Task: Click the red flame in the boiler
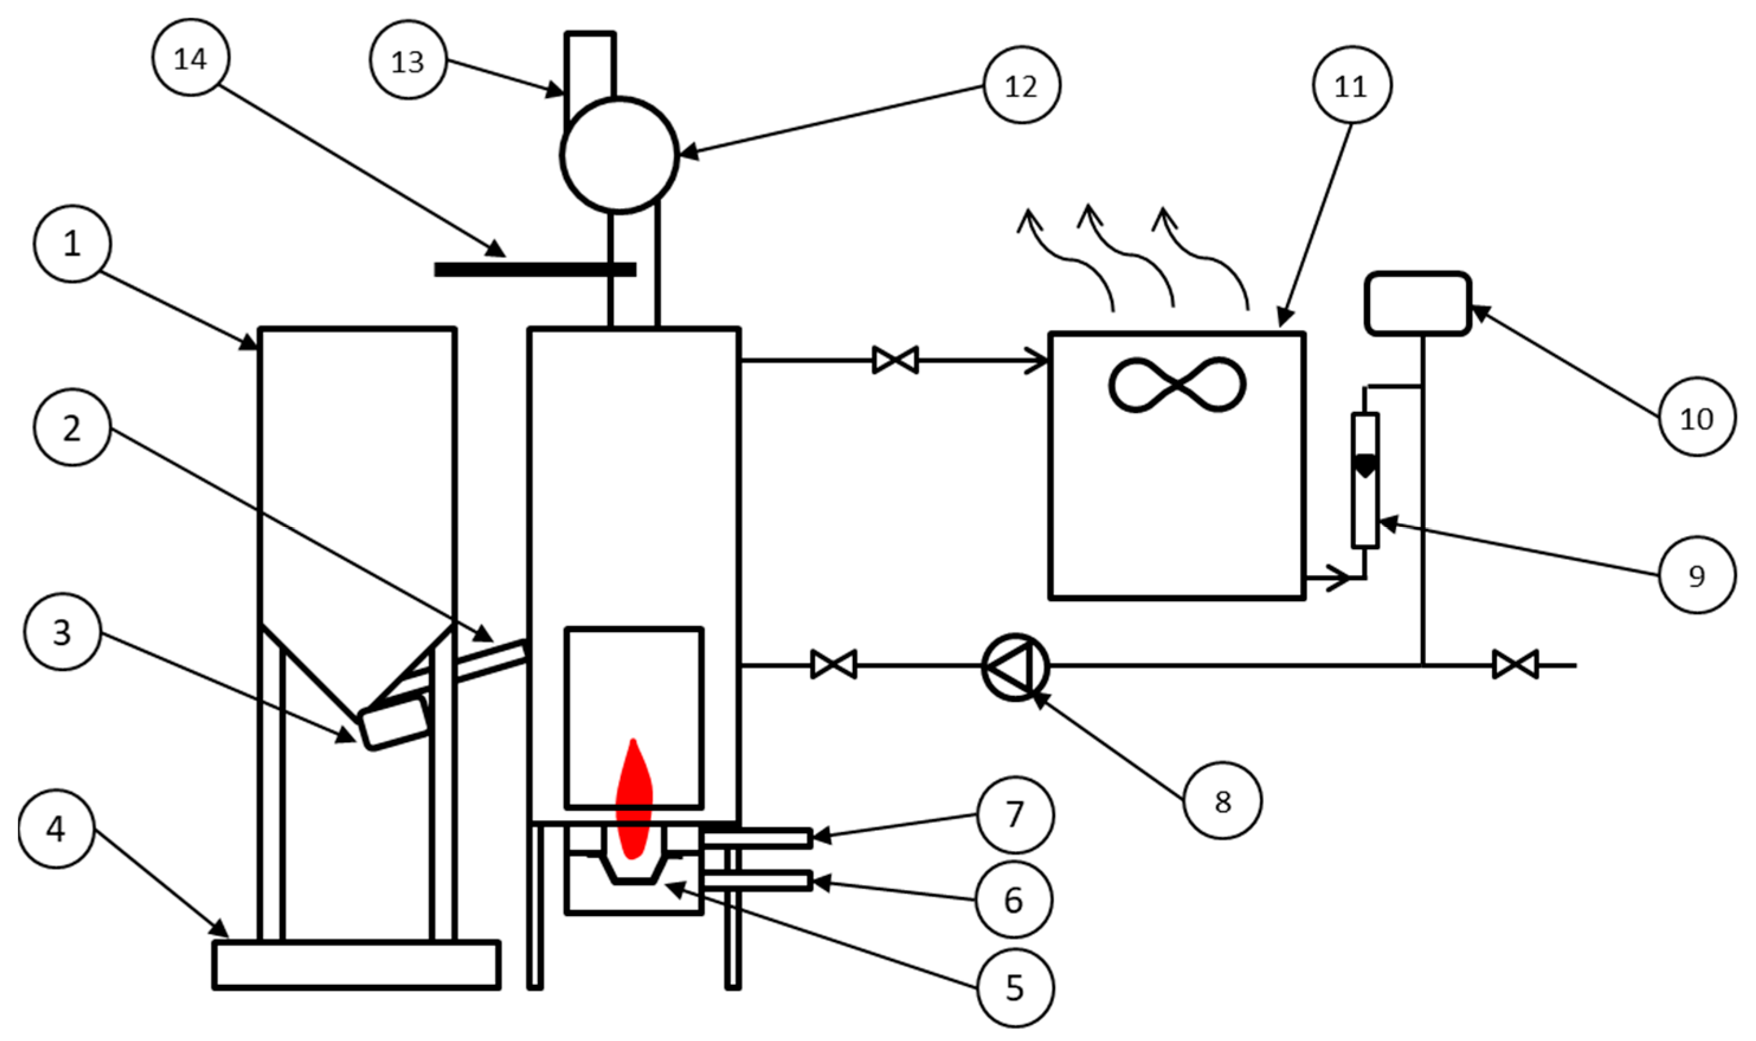coord(633,803)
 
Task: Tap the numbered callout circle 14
coord(191,57)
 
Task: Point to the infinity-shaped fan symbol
coord(1177,385)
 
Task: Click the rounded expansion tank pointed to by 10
coord(1417,304)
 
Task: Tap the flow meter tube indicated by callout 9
coord(1365,480)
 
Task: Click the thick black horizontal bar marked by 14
coord(534,269)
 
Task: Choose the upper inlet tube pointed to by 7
coord(758,838)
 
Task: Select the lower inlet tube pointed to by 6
coord(758,881)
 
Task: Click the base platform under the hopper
coord(356,965)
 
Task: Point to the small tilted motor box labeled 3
coord(394,723)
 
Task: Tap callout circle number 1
coord(72,243)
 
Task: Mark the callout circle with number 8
coord(1222,800)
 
